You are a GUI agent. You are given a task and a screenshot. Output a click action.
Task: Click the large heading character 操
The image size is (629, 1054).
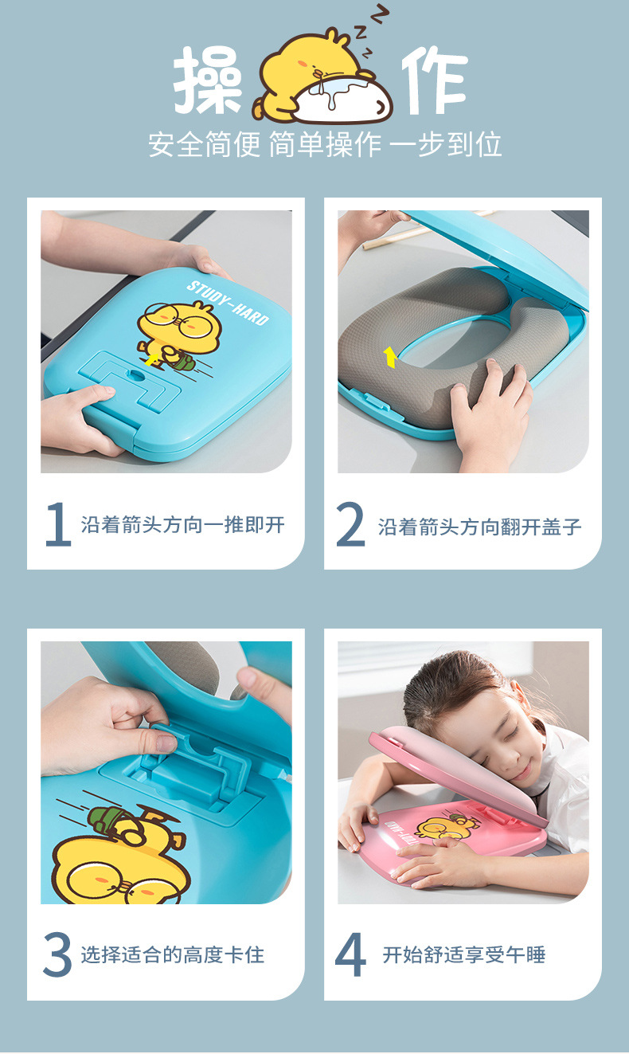pos(209,80)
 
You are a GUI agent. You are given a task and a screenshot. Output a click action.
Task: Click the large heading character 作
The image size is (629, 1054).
pos(433,80)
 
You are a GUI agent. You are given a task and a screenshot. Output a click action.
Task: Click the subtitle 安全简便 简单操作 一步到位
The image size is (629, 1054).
pos(325,145)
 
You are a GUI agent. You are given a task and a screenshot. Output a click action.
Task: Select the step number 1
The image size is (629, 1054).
pos(57,525)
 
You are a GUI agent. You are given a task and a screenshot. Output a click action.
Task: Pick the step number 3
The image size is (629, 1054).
pos(57,955)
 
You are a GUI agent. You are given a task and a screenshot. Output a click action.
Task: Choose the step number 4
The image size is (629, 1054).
pos(350,955)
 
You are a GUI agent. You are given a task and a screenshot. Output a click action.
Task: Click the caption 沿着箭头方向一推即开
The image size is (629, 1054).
pos(182,524)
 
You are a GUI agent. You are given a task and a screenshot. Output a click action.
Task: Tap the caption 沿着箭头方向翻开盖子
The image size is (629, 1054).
pos(479,526)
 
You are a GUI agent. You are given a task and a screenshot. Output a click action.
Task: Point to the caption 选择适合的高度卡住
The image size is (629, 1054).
pos(172,954)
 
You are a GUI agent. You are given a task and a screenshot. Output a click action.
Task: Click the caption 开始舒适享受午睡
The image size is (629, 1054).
pos(463,954)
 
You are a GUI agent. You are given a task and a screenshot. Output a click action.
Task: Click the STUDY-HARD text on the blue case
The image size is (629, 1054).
pos(228,302)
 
